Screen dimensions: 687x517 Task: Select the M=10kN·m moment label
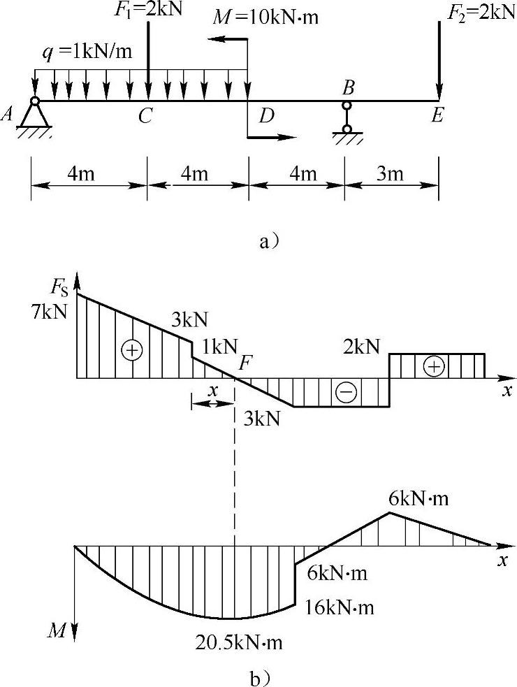point(265,16)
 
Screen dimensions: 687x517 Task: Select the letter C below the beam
point(145,116)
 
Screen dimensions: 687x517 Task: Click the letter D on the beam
point(266,116)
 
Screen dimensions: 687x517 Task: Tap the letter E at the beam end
point(437,116)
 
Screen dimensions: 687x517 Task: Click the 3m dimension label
point(390,174)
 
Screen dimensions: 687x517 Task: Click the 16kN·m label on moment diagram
point(340,607)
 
